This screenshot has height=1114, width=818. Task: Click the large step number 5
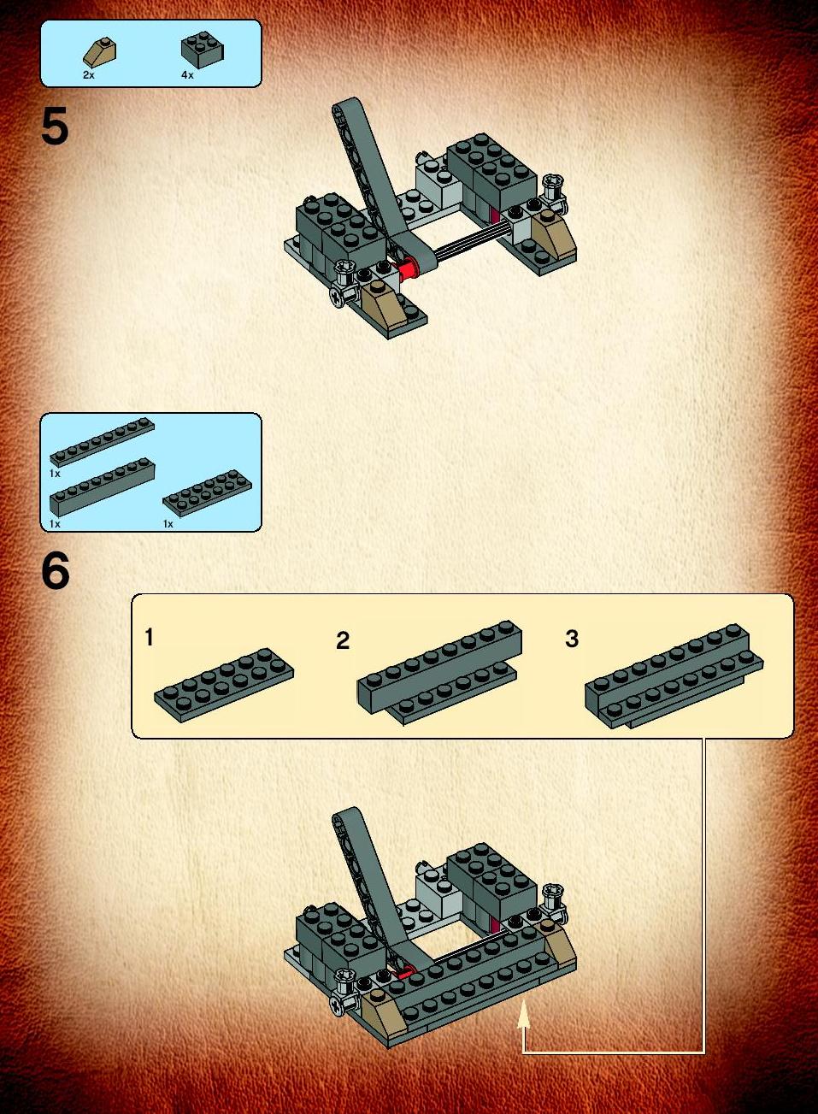pyautogui.click(x=55, y=127)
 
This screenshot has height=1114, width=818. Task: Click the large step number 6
pyautogui.click(x=56, y=571)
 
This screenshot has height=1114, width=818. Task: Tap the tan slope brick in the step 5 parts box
pyautogui.click(x=100, y=51)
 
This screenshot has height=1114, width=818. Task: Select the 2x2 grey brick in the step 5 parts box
pyautogui.click(x=203, y=50)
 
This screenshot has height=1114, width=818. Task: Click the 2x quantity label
pyautogui.click(x=89, y=75)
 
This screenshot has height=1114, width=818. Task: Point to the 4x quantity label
pyautogui.click(x=187, y=75)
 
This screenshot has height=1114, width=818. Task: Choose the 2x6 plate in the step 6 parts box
pyautogui.click(x=208, y=492)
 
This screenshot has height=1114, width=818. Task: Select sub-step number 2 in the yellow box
pyautogui.click(x=343, y=640)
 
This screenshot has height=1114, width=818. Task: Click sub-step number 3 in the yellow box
pyautogui.click(x=572, y=639)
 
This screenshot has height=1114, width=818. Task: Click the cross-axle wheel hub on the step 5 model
pyautogui.click(x=337, y=297)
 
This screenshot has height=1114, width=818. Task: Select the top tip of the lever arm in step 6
pyautogui.click(x=345, y=810)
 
